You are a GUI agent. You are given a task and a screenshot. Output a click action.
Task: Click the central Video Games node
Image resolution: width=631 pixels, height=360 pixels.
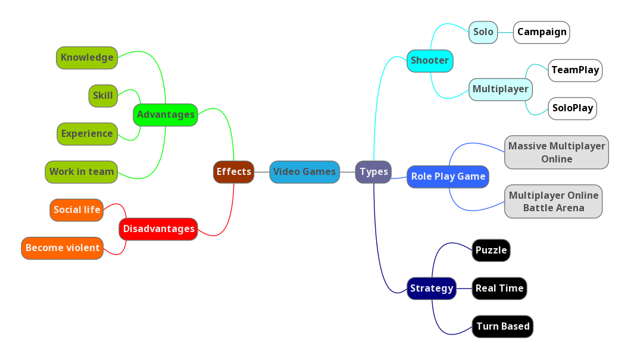coord(304,172)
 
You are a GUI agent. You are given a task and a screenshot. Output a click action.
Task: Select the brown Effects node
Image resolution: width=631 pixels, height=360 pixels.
coord(233,172)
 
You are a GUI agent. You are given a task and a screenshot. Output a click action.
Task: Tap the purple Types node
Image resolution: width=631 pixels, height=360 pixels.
coord(373,172)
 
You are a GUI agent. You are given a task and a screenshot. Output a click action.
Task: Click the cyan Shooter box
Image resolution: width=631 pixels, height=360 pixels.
coord(430,61)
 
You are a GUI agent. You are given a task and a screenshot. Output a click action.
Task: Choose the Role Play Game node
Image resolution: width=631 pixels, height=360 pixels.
coord(448,177)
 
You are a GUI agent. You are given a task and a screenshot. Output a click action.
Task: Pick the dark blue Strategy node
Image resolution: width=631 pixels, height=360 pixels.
coord(432,289)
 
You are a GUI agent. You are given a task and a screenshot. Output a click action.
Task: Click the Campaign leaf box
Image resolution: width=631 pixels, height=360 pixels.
coord(541,32)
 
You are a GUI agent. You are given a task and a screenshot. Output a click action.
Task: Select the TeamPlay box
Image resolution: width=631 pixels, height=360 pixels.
coord(574,70)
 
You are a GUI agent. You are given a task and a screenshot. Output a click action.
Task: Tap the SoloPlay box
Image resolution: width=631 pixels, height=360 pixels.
coord(572,108)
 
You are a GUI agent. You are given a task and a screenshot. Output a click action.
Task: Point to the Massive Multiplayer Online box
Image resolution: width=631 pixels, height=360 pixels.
coord(556,152)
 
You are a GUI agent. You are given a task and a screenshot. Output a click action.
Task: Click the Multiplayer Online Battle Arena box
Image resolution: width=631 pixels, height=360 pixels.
coord(553,202)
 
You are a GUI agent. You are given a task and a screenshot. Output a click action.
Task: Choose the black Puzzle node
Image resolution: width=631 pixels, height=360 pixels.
coord(491,251)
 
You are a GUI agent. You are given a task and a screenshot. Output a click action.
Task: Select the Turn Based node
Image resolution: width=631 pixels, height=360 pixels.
coord(502,327)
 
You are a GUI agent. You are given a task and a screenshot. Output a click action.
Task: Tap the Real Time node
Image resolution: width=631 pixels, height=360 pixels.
coord(499,289)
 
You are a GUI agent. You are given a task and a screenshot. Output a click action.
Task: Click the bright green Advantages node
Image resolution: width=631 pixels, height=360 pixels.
coord(165,115)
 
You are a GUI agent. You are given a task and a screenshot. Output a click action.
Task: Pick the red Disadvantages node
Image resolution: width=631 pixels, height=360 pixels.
coord(158,229)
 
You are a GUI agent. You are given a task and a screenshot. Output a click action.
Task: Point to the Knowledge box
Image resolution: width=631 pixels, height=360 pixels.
coord(87,58)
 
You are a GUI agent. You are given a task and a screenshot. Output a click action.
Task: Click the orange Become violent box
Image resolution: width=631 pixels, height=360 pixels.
coord(63,248)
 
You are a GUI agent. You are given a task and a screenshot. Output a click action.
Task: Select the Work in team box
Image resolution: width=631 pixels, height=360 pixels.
coord(81,172)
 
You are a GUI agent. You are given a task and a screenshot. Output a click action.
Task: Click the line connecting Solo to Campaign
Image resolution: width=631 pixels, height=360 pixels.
coord(506,32)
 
